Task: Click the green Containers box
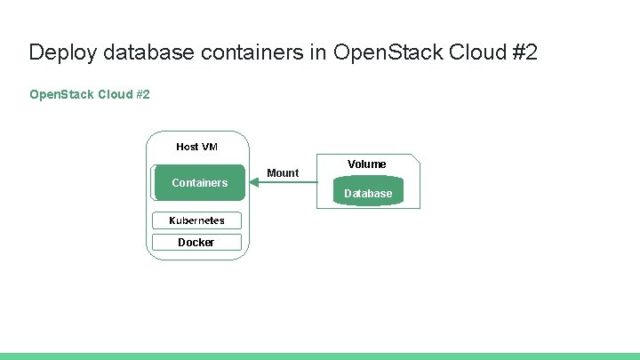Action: tap(199, 182)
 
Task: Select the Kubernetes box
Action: tap(196, 220)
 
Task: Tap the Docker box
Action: tap(196, 242)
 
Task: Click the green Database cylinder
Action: tap(368, 193)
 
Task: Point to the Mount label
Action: tap(283, 172)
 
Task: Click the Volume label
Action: tap(367, 164)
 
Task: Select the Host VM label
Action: tap(196, 147)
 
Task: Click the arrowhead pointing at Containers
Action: tap(253, 183)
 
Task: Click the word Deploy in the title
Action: tap(63, 52)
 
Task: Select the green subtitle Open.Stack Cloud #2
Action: tap(89, 93)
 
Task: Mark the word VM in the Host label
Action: tap(209, 147)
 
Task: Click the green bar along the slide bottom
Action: tap(320, 356)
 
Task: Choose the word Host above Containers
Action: tap(188, 147)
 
